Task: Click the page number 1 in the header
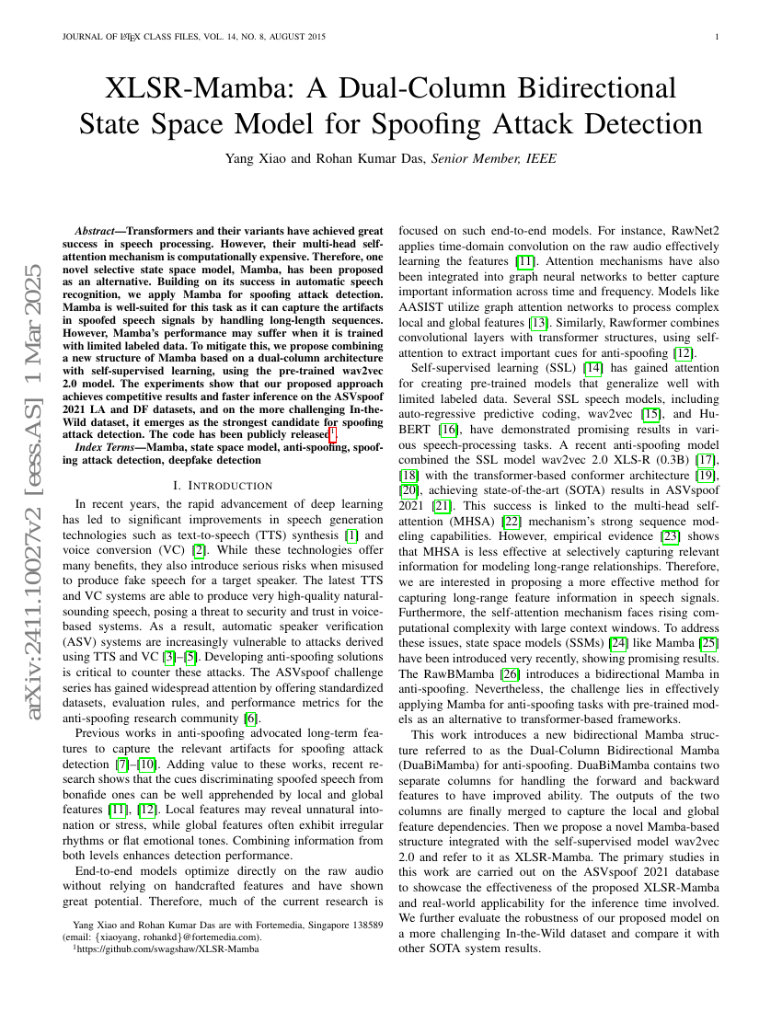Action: click(717, 37)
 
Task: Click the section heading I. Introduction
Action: click(224, 486)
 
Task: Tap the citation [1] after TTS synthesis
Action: click(351, 535)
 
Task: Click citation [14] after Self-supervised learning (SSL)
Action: click(593, 368)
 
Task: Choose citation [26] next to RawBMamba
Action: click(511, 673)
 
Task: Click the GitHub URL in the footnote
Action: click(167, 949)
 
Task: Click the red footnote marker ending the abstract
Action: click(333, 433)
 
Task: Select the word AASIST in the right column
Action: click(420, 307)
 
